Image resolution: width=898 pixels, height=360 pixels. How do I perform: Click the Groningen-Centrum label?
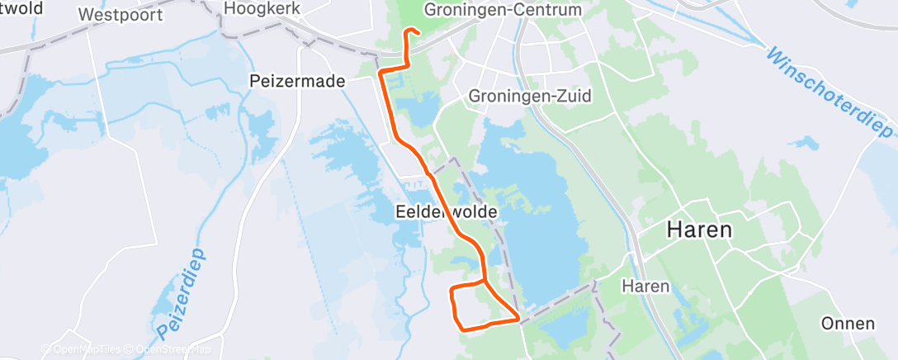(502, 10)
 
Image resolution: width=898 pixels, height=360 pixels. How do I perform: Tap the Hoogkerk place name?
(262, 10)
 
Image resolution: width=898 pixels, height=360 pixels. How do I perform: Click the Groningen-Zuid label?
(530, 96)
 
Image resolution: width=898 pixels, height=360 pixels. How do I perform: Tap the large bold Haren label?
(700, 230)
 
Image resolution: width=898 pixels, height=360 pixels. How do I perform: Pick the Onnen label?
(848, 323)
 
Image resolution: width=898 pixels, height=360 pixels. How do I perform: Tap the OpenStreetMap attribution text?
(173, 349)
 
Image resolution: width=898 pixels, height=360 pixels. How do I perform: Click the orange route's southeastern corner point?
(518, 318)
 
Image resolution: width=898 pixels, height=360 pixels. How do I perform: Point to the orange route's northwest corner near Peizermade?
(380, 73)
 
